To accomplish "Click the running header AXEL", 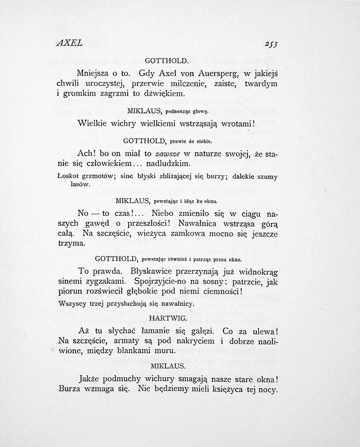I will click(x=69, y=43).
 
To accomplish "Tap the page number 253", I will click(x=271, y=45).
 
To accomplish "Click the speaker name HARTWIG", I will click(x=168, y=317).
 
